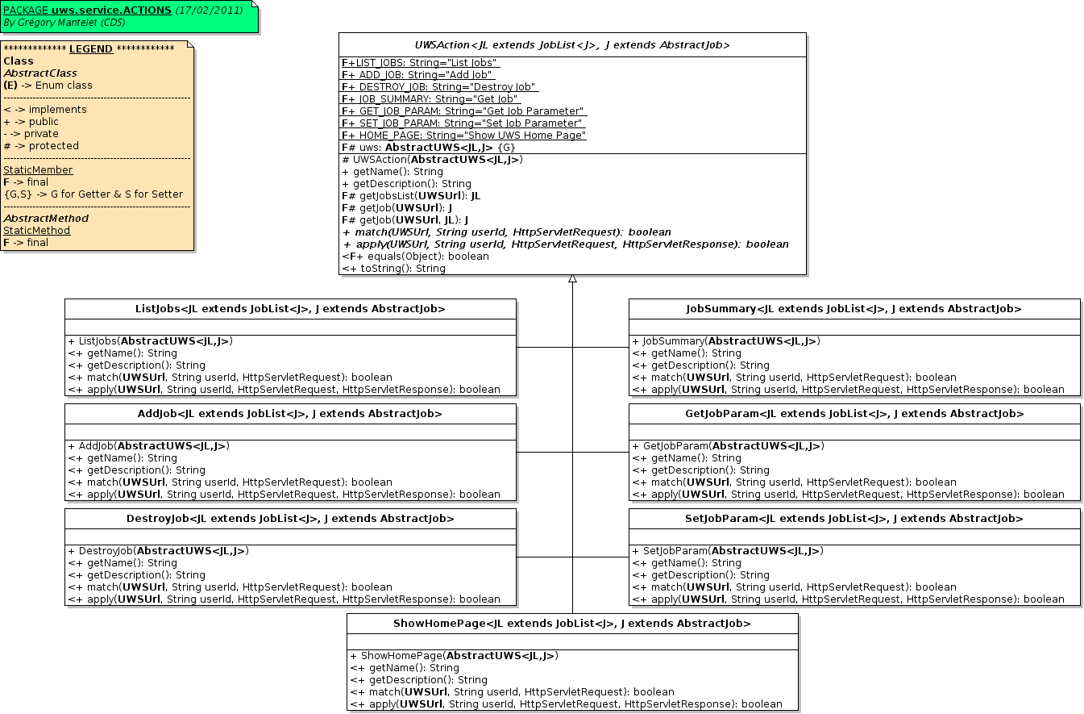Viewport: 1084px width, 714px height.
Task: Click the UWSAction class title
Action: (572, 45)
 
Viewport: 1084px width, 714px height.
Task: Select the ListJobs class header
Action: (290, 309)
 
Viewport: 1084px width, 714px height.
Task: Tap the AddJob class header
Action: (290, 414)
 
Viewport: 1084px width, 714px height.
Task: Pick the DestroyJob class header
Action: (290, 519)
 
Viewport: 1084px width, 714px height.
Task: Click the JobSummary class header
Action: (853, 309)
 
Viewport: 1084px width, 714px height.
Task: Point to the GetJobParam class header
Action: (853, 414)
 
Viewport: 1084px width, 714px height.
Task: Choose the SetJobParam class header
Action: (853, 519)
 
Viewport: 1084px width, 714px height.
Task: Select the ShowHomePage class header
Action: (572, 624)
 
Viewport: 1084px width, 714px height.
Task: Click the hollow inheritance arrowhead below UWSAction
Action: (572, 279)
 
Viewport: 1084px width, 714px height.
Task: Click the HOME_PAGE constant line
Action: (464, 136)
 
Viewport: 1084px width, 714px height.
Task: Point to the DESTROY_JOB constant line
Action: (439, 87)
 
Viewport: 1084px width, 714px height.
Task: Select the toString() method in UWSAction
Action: (394, 269)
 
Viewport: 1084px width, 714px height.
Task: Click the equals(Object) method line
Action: (415, 257)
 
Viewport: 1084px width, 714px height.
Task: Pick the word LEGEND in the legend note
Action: (91, 49)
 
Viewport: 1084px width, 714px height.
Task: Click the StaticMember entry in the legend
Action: (38, 170)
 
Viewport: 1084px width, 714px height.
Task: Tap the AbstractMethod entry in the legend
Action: (46, 219)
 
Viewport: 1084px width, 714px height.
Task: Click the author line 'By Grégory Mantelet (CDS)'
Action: (64, 23)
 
